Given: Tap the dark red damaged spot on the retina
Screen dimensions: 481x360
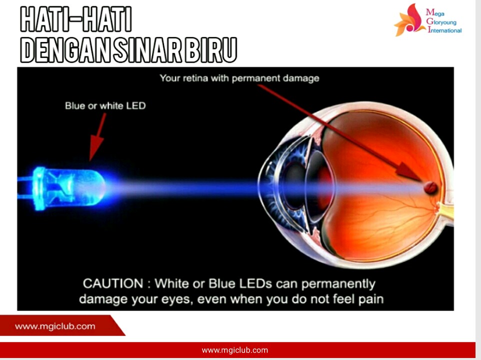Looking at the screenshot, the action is click(430, 187).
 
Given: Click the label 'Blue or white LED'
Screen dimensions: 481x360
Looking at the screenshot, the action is click(105, 106).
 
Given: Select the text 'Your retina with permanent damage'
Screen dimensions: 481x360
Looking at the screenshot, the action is click(239, 78).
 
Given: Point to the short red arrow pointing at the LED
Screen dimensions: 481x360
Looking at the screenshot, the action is click(97, 137).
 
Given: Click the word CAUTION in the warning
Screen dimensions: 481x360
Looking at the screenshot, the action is click(113, 283).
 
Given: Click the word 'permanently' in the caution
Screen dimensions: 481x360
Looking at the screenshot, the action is click(338, 284).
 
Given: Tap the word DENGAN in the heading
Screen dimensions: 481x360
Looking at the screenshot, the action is click(65, 50).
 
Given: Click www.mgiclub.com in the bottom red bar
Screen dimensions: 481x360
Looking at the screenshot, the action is click(235, 350).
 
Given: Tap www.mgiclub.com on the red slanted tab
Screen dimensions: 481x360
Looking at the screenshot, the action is click(55, 326).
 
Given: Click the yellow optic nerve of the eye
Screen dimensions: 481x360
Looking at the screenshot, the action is click(446, 211).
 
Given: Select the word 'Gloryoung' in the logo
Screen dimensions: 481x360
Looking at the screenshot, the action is click(441, 22).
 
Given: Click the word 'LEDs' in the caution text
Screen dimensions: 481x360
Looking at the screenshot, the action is click(256, 283).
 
